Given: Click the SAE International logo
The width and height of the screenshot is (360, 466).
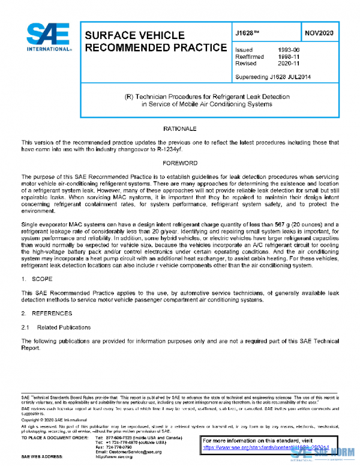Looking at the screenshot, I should pos(43,37).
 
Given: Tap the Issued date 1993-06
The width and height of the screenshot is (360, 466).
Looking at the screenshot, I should pos(287,50).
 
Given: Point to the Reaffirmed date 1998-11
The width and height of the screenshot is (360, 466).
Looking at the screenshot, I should pos(287,56).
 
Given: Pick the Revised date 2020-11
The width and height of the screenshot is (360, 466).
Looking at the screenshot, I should pos(287,63).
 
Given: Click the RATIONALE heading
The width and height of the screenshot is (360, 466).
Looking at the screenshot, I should pos(180,129).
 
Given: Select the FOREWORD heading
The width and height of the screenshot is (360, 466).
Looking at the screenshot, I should pos(180,163).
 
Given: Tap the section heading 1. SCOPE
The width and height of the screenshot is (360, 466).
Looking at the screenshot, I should pos(37,280).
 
